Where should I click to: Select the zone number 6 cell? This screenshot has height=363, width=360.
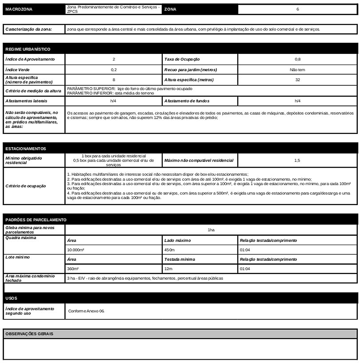tap(297, 9)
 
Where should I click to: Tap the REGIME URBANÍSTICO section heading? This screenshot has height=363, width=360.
tap(28, 49)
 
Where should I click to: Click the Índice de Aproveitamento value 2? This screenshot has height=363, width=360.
tap(114, 59)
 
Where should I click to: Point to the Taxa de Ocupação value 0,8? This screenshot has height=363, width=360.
tap(297, 59)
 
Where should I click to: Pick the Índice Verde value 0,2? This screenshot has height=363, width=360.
tap(114, 70)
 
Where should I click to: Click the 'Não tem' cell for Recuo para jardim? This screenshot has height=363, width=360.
tap(297, 70)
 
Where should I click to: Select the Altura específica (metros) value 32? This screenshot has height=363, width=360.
tap(297, 80)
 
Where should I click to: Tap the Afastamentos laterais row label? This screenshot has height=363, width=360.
tap(26, 101)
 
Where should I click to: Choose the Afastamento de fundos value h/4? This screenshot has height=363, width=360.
tap(297, 101)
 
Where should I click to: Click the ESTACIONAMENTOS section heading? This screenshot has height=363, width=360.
tap(26, 149)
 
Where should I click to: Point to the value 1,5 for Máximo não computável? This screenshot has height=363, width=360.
tap(297, 160)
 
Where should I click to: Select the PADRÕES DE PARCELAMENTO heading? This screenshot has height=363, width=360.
tap(36, 220)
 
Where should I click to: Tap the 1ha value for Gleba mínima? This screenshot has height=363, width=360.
tap(211, 230)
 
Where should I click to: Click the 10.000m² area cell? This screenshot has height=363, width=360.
tap(76, 250)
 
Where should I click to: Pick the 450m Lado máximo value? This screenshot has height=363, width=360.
tap(169, 250)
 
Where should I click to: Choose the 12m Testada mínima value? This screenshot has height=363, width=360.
tap(168, 269)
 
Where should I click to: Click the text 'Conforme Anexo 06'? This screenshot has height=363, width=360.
tap(86, 311)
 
